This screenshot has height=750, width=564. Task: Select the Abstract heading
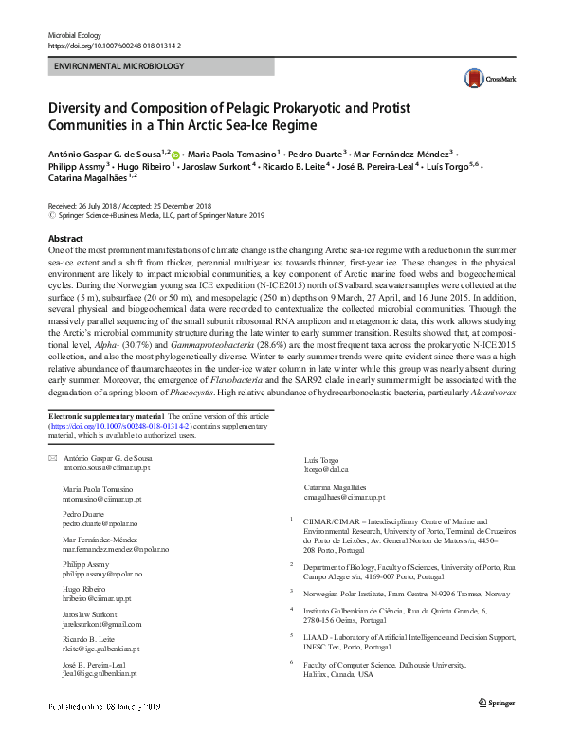click(x=64, y=239)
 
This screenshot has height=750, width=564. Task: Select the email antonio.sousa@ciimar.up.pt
click(x=104, y=468)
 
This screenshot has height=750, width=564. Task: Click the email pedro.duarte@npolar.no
click(x=101, y=522)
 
